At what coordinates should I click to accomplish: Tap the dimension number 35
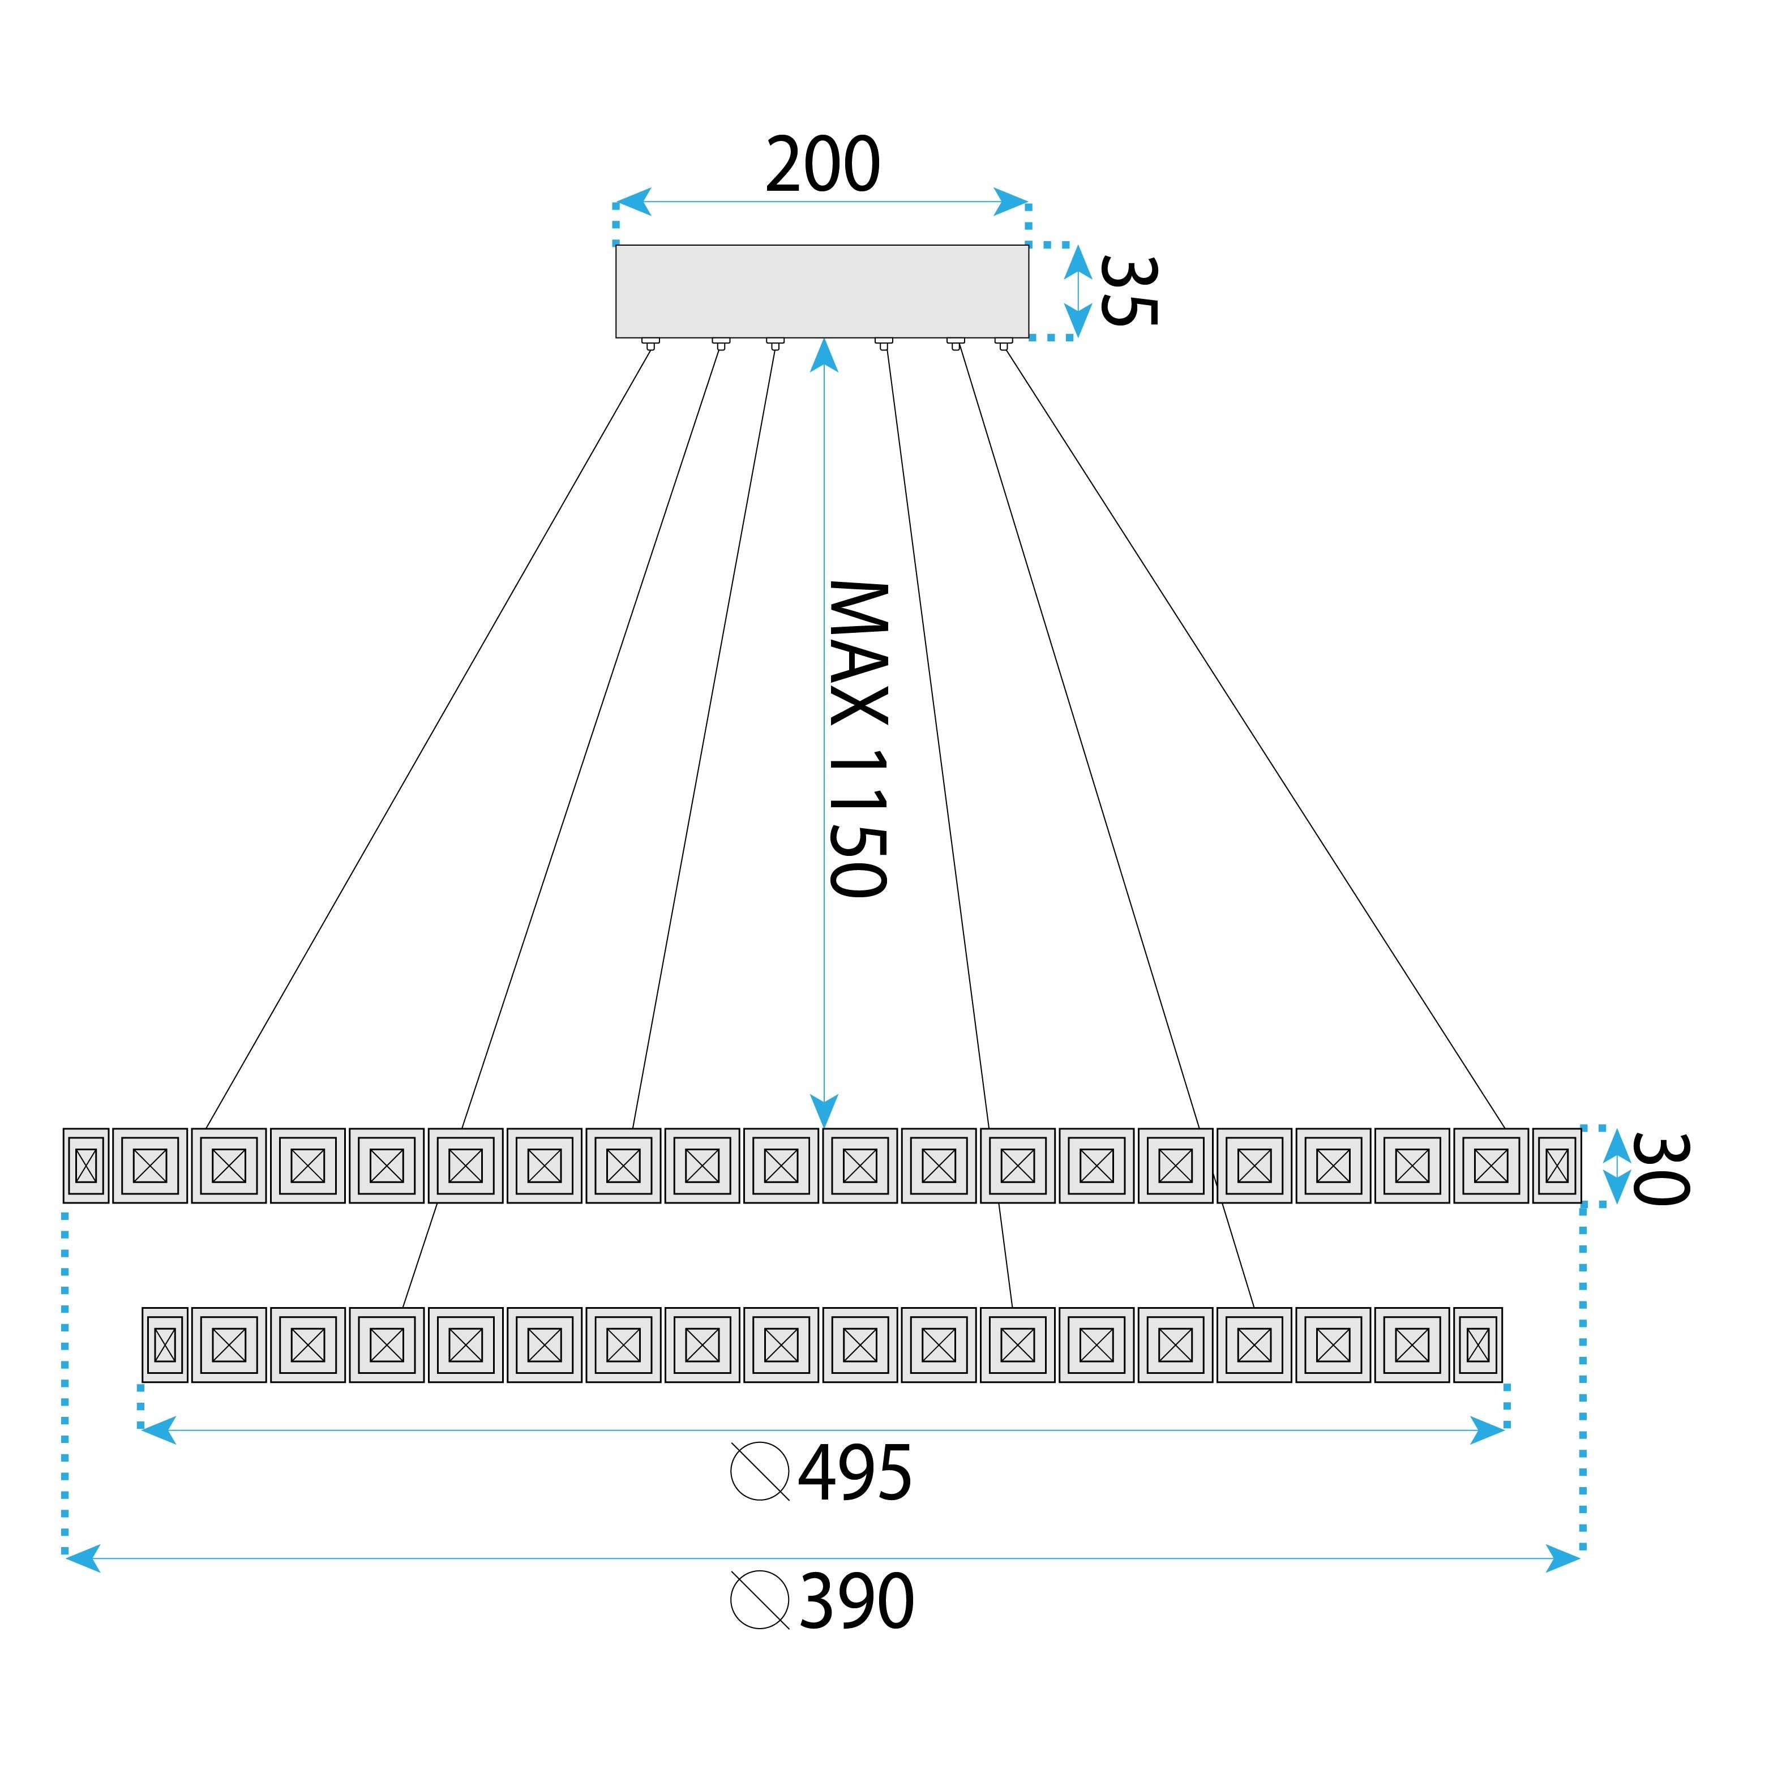[x=1128, y=290]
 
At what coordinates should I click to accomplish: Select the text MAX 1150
[x=858, y=738]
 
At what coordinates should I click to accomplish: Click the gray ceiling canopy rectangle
[x=821, y=290]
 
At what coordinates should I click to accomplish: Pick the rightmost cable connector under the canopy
[x=1004, y=344]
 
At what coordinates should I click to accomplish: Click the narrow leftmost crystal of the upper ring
[x=86, y=1166]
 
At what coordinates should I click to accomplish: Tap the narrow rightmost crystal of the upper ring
[x=1557, y=1166]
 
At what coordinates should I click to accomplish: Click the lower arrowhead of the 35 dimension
[x=1078, y=320]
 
